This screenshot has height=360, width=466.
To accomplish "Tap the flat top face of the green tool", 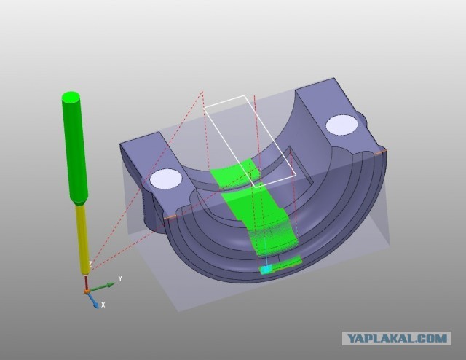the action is point(71,97).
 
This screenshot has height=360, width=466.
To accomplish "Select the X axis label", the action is point(103,305).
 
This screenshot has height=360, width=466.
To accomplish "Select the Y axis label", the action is point(120,279).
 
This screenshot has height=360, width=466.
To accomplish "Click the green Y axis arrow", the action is point(101,287).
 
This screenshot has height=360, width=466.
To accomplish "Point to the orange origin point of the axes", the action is point(86,291).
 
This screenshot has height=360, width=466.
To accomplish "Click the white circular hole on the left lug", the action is point(165,179).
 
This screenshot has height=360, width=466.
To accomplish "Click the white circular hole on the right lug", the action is point(341,125).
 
